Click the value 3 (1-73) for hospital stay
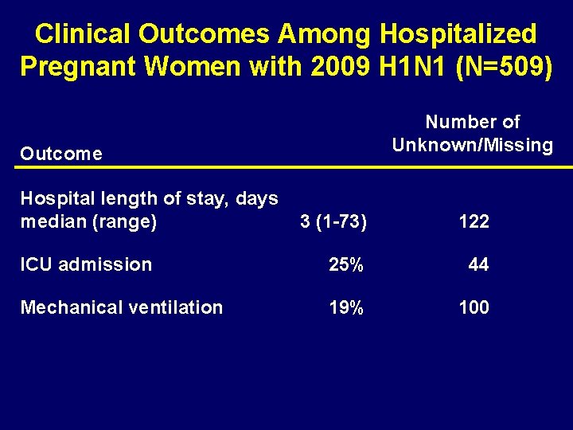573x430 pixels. point(333,221)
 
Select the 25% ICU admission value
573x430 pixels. point(346,264)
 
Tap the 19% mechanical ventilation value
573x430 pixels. point(346,307)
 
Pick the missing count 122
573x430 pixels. point(474,221)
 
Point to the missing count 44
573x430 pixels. point(478,264)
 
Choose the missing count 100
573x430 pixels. point(474,307)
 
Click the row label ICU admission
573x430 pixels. point(86,264)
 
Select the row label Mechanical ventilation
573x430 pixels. point(121,307)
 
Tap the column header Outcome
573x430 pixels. point(61,154)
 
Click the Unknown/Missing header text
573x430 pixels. point(473,145)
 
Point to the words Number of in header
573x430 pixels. point(473,122)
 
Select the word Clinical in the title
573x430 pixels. point(83,34)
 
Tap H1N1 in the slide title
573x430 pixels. point(400,66)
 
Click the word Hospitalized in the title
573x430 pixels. point(458,34)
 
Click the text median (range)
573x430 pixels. point(88,221)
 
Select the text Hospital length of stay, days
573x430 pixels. point(149,198)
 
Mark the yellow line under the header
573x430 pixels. point(286,167)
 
